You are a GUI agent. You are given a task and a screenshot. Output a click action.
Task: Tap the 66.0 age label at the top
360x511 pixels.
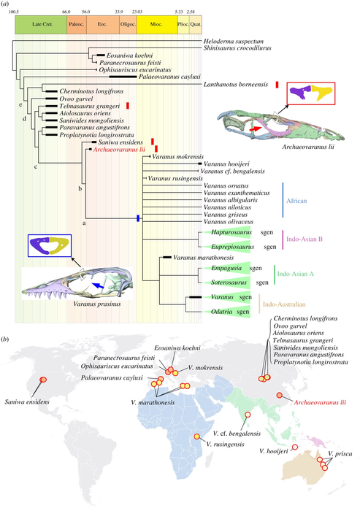[x=66, y=12]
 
